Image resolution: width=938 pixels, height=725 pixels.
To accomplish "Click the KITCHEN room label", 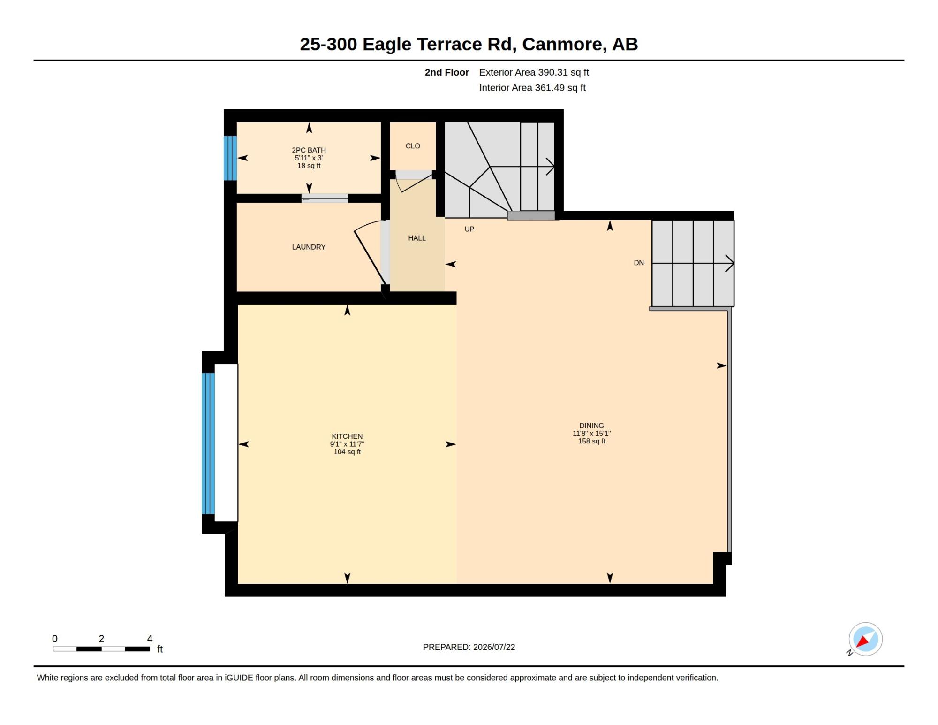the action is pyautogui.click(x=347, y=436).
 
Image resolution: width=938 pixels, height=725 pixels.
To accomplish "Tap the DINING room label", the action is pyautogui.click(x=591, y=426).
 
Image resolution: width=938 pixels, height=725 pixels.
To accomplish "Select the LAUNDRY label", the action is pyautogui.click(x=309, y=247).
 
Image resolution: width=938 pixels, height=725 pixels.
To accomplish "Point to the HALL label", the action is pyautogui.click(x=417, y=238).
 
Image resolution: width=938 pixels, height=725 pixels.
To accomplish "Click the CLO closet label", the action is pyautogui.click(x=413, y=146).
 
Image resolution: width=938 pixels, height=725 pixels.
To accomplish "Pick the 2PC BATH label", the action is pyautogui.click(x=309, y=150).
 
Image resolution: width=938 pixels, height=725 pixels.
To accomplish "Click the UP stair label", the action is pyautogui.click(x=469, y=229).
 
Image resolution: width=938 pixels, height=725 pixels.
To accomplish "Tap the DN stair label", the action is pyautogui.click(x=639, y=263).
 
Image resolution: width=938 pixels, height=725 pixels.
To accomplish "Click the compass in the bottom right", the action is pyautogui.click(x=865, y=639).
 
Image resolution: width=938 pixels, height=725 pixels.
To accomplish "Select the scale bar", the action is pyautogui.click(x=101, y=649).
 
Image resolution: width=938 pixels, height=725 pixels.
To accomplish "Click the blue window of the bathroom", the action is pyautogui.click(x=230, y=158).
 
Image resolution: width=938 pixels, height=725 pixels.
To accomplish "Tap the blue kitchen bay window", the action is pyautogui.click(x=208, y=443).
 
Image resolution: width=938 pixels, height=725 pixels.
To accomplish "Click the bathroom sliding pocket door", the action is pyautogui.click(x=325, y=198).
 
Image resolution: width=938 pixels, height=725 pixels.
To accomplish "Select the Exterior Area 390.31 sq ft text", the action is pyautogui.click(x=534, y=72).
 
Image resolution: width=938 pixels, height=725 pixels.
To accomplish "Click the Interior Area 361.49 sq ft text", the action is pyautogui.click(x=532, y=88).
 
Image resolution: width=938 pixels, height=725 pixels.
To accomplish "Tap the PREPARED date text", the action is pyautogui.click(x=469, y=647).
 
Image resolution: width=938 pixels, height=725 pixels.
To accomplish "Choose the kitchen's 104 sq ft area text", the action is pyautogui.click(x=347, y=452).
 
